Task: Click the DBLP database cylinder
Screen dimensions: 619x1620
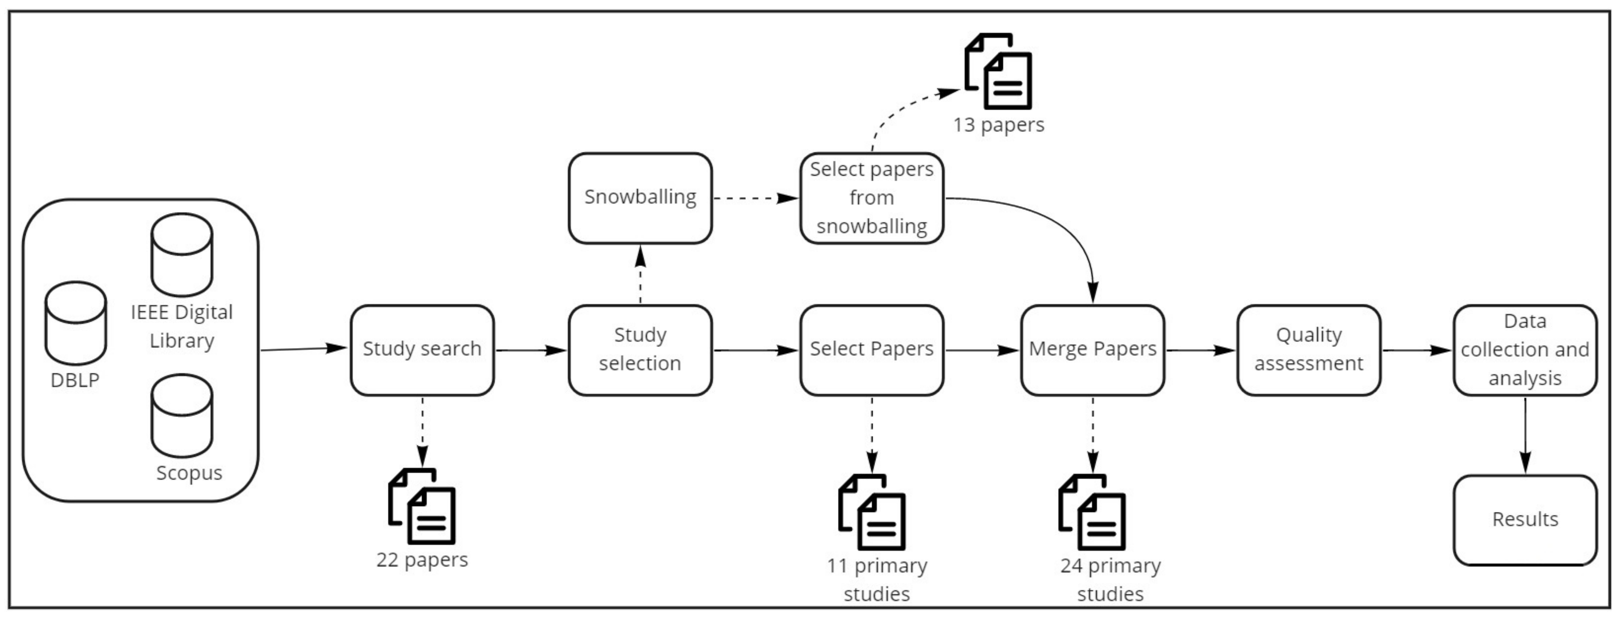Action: (x=76, y=323)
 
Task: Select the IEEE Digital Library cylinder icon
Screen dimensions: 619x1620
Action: (x=182, y=254)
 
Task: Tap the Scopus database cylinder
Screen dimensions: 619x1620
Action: (x=182, y=416)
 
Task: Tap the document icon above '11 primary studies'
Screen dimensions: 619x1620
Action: (x=872, y=512)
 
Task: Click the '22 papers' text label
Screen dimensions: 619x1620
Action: (x=422, y=560)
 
